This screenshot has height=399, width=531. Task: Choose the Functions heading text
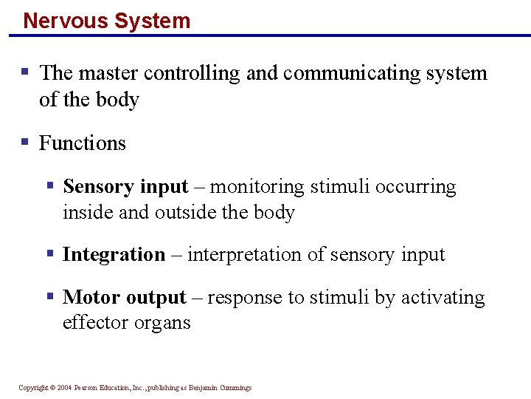pos(83,143)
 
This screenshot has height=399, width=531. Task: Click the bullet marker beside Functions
pos(25,141)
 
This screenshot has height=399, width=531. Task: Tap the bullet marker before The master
pos(25,72)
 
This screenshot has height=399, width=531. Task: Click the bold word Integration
pos(114,255)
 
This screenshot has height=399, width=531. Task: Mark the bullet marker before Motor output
pos(50,296)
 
